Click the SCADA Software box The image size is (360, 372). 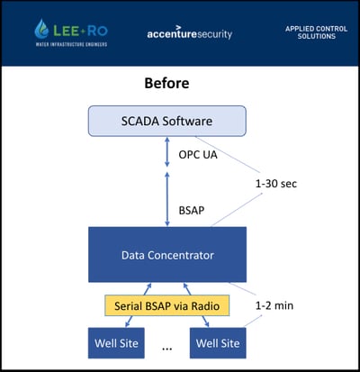click(x=167, y=121)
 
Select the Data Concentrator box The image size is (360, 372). click(x=167, y=255)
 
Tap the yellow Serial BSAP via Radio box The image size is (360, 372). click(x=167, y=305)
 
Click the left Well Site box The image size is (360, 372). click(x=116, y=343)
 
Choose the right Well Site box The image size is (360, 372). click(x=218, y=343)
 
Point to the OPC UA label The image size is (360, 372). click(x=198, y=155)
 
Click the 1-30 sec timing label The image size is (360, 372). click(x=276, y=184)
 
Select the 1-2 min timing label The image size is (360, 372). click(x=274, y=305)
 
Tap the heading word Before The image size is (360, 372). click(x=166, y=83)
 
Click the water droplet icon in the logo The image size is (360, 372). click(x=41, y=29)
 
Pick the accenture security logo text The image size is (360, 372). click(x=190, y=33)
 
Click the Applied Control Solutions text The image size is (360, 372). click(x=317, y=32)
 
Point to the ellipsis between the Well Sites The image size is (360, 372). click(x=166, y=349)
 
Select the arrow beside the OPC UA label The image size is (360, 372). click(x=167, y=152)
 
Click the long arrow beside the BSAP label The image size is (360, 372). click(x=167, y=199)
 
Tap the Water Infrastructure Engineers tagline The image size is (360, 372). click(x=71, y=44)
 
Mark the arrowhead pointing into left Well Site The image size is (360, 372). click(x=127, y=324)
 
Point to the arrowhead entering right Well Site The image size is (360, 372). click(x=207, y=324)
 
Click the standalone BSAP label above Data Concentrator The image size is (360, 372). click(x=192, y=210)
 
